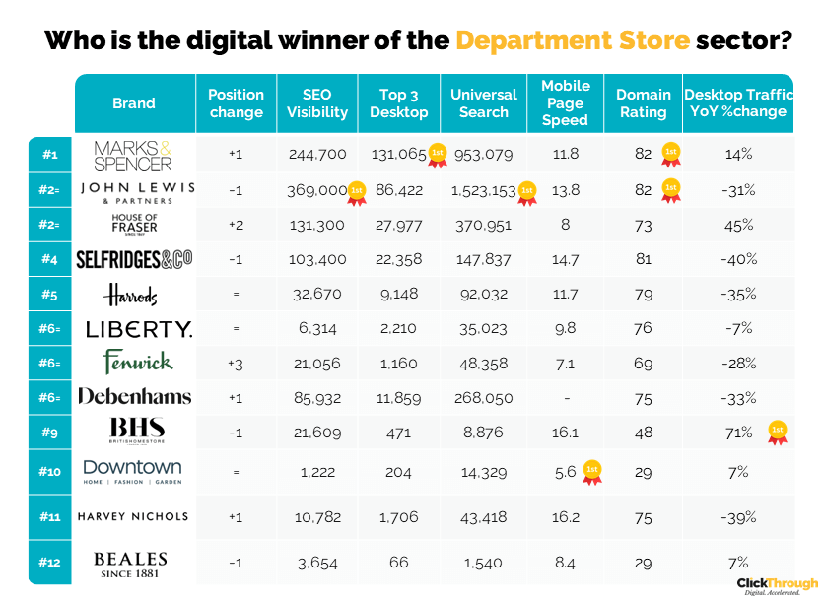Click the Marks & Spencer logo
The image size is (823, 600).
click(x=133, y=155)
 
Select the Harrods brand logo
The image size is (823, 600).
click(x=133, y=295)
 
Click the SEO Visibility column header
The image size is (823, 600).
click(x=317, y=103)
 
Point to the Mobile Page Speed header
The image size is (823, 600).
click(x=566, y=103)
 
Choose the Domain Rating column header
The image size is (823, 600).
click(x=644, y=103)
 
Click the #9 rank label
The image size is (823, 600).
click(x=50, y=432)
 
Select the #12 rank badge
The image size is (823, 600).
click(x=50, y=563)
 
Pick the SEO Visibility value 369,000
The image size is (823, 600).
click(x=317, y=190)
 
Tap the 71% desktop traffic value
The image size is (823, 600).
click(x=739, y=433)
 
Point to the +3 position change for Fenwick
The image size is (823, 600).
click(x=236, y=364)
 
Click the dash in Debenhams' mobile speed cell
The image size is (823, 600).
click(x=566, y=398)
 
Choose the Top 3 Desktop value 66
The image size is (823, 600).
click(x=398, y=564)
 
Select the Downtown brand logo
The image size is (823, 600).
click(x=133, y=471)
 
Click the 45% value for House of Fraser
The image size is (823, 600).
click(x=739, y=226)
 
